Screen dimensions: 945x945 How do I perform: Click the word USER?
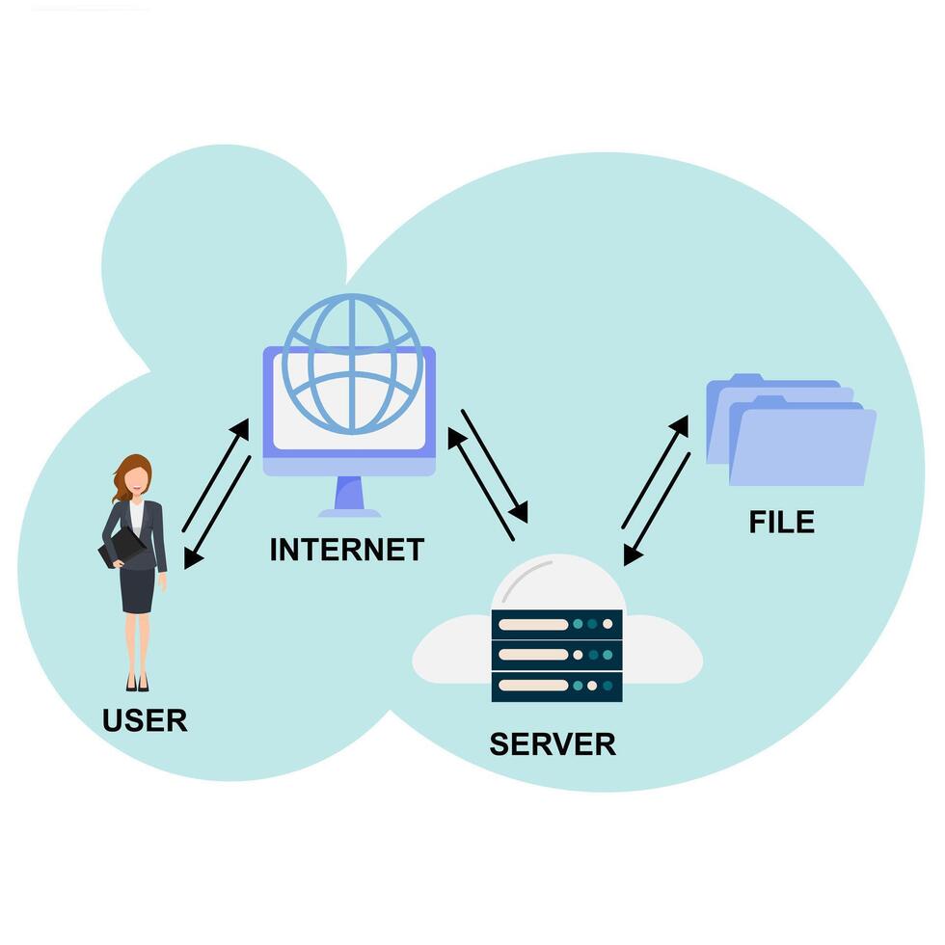point(145,719)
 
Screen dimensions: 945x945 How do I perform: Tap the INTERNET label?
point(346,550)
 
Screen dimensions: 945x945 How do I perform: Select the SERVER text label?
point(552,743)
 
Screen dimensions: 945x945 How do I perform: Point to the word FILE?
point(781,522)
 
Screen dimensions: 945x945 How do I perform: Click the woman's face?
point(138,478)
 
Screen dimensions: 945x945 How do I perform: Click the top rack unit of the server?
point(556,624)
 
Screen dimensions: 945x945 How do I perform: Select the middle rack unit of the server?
point(556,655)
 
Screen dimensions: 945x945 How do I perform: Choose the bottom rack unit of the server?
point(556,686)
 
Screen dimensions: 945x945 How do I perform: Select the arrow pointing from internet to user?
point(218,512)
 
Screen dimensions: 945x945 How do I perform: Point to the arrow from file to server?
point(658,508)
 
